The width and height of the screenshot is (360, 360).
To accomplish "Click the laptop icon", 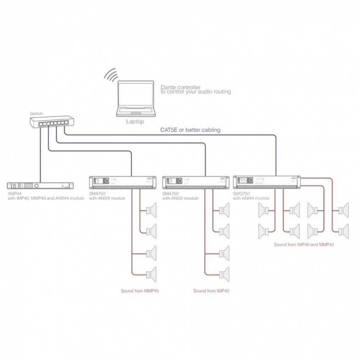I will [136, 100].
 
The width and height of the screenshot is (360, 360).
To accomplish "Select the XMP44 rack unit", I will [40, 186].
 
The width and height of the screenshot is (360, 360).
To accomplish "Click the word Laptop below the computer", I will [135, 122].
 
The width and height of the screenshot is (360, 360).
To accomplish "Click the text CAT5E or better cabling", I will [190, 130].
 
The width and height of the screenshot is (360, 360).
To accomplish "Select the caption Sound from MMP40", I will [140, 291].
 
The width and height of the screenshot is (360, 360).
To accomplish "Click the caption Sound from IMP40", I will [211, 291].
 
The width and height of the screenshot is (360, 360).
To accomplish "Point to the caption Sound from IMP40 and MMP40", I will [304, 244].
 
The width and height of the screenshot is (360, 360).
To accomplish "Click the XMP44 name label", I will [15, 193].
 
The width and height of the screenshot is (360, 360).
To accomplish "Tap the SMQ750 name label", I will [242, 193].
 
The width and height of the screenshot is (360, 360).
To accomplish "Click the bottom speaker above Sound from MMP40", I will [151, 274].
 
